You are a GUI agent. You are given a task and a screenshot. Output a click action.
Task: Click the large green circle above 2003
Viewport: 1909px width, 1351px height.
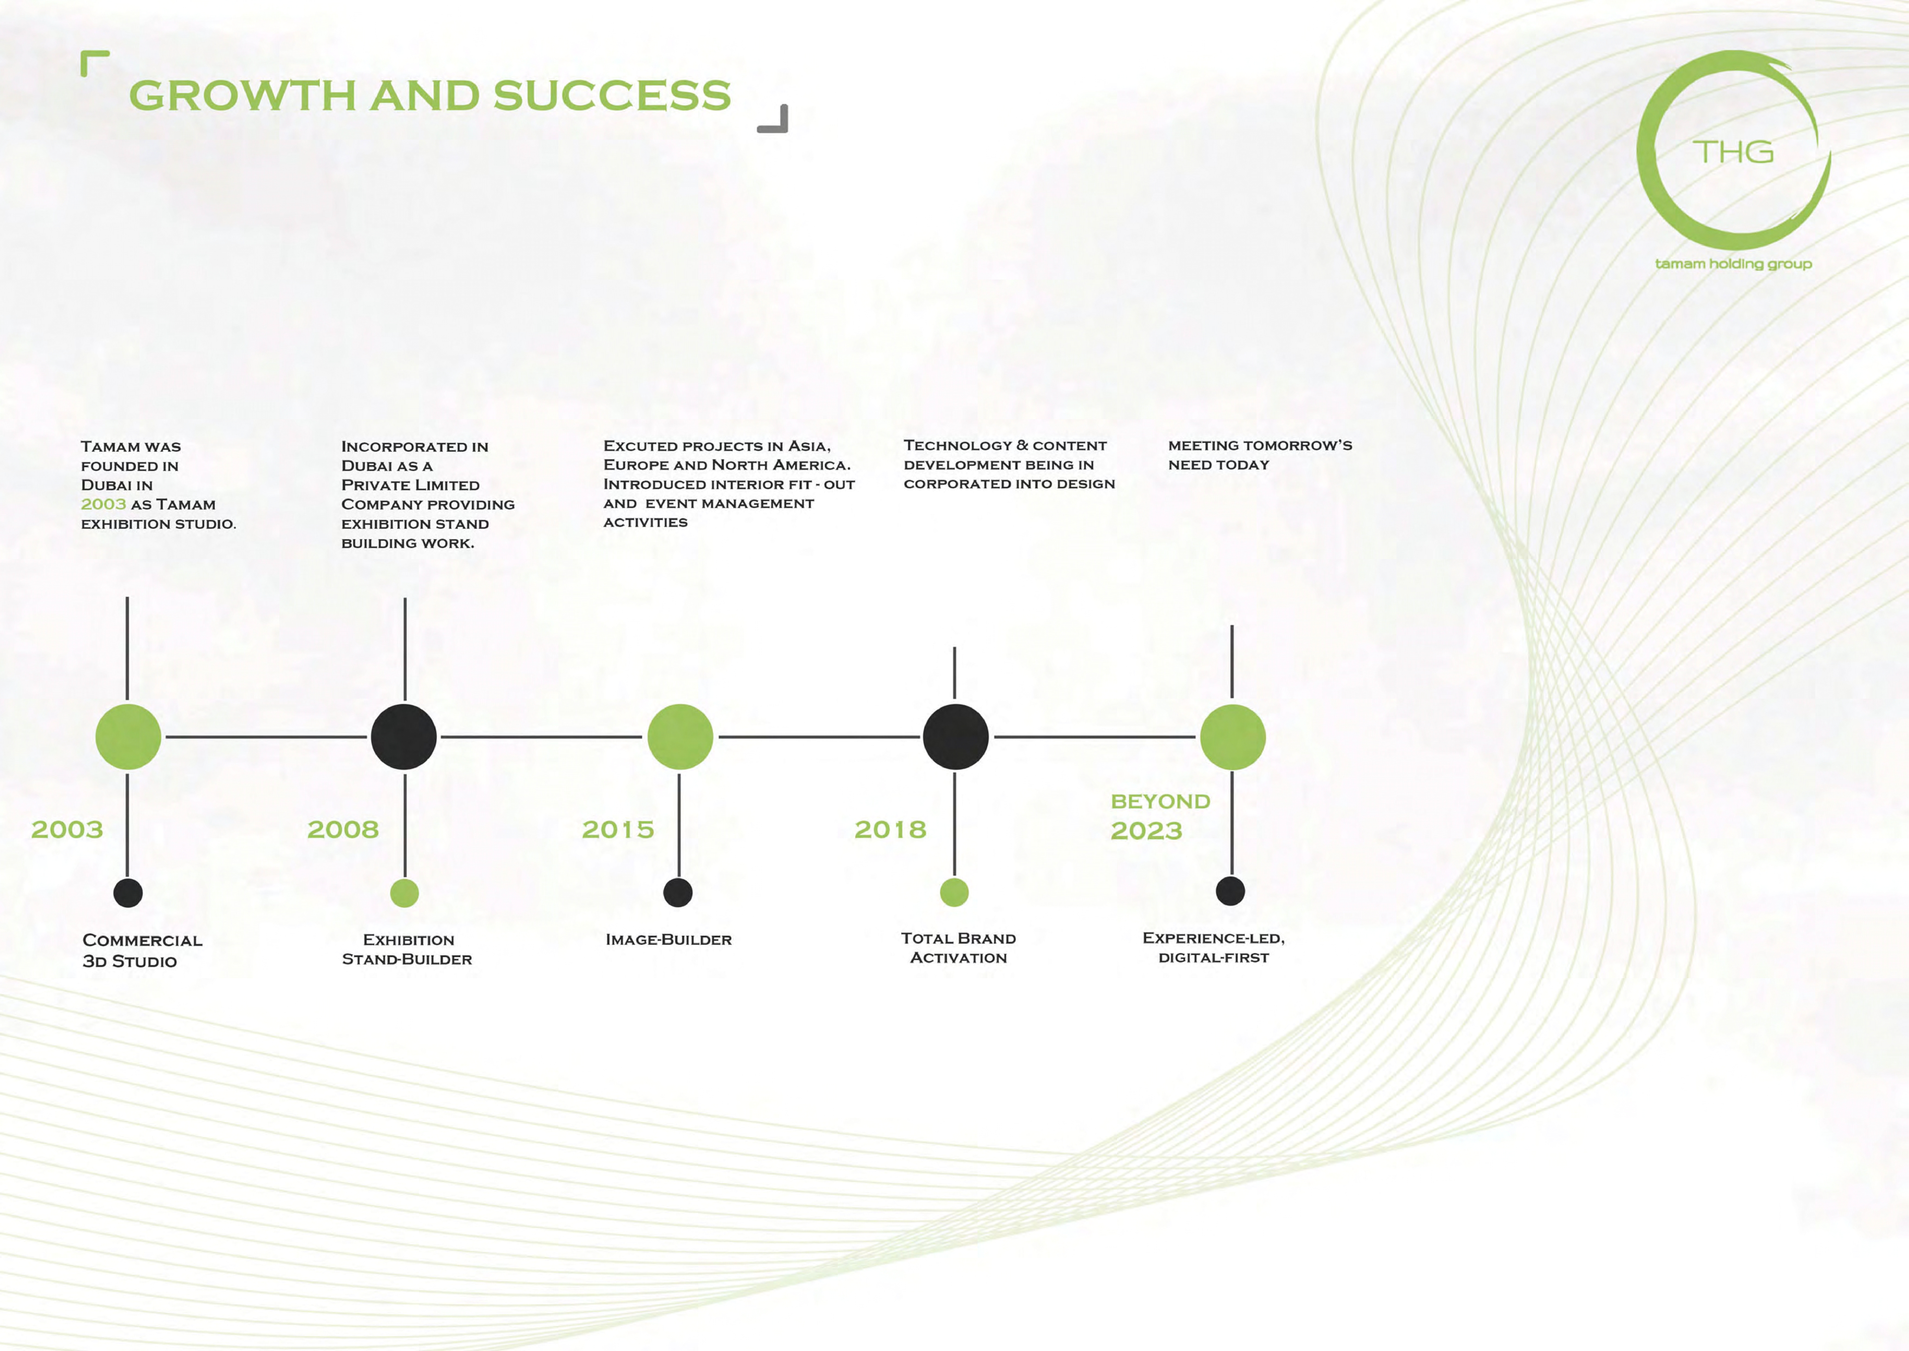point(128,736)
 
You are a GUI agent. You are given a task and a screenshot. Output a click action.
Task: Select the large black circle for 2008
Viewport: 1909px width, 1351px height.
point(404,736)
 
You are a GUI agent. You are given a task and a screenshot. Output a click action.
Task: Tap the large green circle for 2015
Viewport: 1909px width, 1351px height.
point(680,736)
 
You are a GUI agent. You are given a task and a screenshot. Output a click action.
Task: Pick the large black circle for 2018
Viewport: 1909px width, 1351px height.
point(956,736)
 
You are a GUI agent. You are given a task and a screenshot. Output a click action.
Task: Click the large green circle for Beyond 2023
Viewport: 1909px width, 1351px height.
point(1233,736)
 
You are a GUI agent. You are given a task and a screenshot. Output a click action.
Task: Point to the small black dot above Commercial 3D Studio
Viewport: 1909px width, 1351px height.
point(128,893)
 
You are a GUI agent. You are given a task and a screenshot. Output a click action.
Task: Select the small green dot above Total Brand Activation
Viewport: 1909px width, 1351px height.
point(954,892)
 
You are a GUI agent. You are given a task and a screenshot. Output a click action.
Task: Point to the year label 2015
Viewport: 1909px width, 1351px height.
point(618,829)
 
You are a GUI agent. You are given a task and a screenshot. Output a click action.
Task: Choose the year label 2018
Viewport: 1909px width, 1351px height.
point(890,829)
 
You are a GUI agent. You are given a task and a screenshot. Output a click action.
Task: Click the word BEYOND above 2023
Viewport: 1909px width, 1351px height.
point(1161,801)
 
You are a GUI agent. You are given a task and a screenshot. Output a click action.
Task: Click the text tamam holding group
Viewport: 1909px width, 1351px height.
point(1734,264)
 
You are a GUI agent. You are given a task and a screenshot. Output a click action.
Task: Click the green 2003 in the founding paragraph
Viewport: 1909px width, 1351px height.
point(103,504)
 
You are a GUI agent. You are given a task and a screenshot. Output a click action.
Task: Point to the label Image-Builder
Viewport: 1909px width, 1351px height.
point(668,939)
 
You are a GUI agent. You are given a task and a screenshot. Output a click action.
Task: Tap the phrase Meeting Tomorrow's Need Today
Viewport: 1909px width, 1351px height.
point(1260,455)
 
